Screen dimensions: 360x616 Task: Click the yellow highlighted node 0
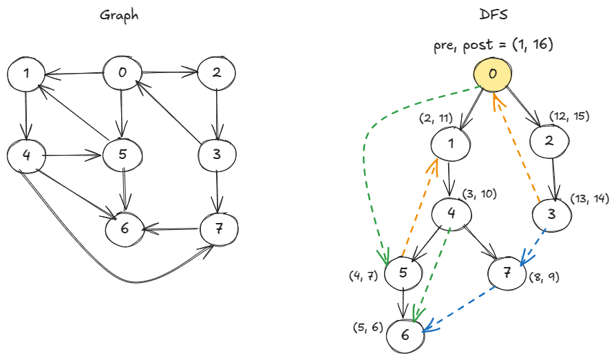pyautogui.click(x=492, y=74)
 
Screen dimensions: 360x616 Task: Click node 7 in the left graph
pyautogui.click(x=218, y=229)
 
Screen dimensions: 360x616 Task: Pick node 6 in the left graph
pyautogui.click(x=124, y=229)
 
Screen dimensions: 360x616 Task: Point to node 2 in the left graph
pyautogui.click(x=217, y=74)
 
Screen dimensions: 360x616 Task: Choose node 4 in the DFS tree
pyautogui.click(x=452, y=213)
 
